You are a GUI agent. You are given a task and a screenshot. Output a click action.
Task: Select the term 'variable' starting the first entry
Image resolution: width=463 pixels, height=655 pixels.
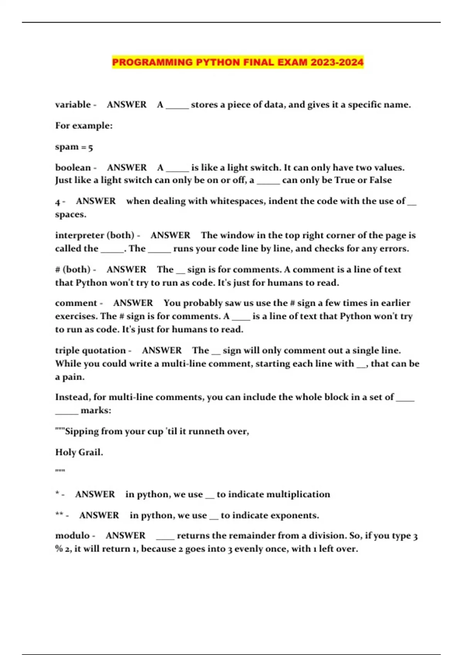[73, 105]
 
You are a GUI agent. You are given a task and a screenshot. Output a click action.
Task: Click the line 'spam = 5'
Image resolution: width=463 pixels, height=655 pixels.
[74, 147]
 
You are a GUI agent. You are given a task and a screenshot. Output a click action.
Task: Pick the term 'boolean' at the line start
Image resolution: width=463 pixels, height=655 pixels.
[73, 168]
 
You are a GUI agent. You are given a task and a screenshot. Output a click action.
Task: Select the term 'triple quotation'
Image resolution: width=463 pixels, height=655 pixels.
[90, 351]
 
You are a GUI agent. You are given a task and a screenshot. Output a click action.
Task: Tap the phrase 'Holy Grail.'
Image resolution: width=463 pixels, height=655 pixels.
[79, 452]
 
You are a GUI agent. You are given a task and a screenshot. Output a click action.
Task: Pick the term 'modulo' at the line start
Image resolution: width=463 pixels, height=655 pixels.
[72, 536]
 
